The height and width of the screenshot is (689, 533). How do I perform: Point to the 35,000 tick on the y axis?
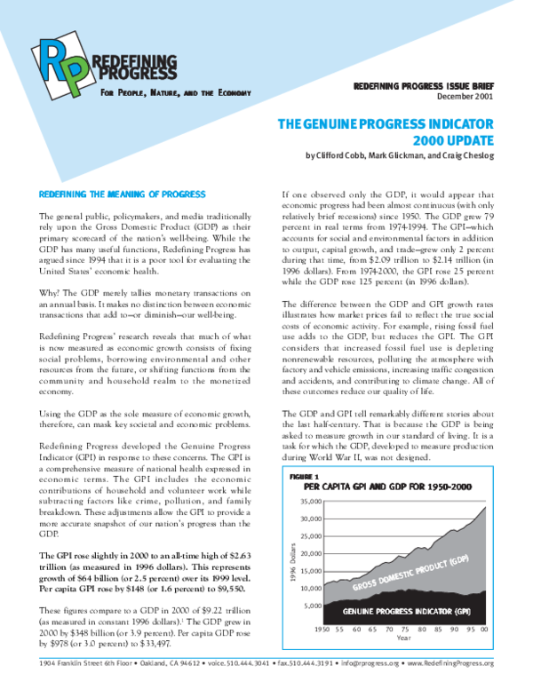point(307,502)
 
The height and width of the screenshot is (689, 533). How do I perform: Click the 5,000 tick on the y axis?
point(310,606)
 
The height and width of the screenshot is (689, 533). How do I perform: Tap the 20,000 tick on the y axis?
point(307,553)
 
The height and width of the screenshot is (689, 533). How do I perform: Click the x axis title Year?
point(403,638)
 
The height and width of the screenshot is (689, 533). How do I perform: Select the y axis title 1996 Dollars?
point(291,564)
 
